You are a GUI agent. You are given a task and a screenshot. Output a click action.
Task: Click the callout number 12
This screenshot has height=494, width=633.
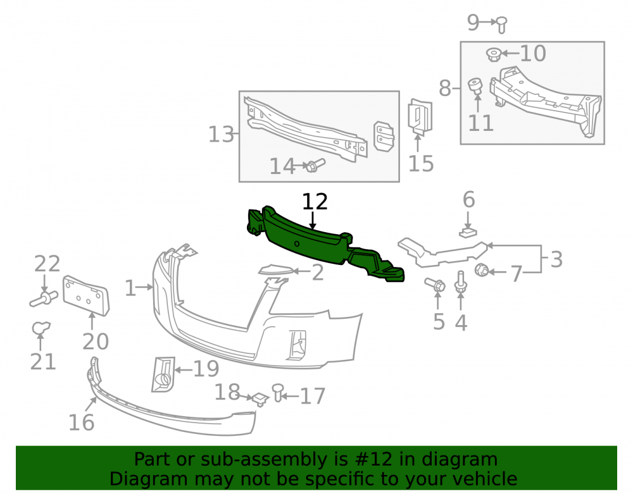click(315, 202)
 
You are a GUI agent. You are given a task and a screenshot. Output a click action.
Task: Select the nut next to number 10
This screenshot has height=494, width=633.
click(493, 54)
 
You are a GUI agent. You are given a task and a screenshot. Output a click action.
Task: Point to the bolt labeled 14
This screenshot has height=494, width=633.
click(315, 165)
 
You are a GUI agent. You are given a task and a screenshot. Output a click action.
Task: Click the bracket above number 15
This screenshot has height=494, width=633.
click(420, 116)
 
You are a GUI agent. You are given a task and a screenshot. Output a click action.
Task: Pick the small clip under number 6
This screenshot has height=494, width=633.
click(468, 232)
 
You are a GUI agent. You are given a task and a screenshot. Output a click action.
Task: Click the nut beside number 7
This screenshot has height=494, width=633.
click(481, 270)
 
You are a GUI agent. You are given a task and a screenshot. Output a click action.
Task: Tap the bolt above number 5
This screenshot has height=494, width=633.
click(436, 284)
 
